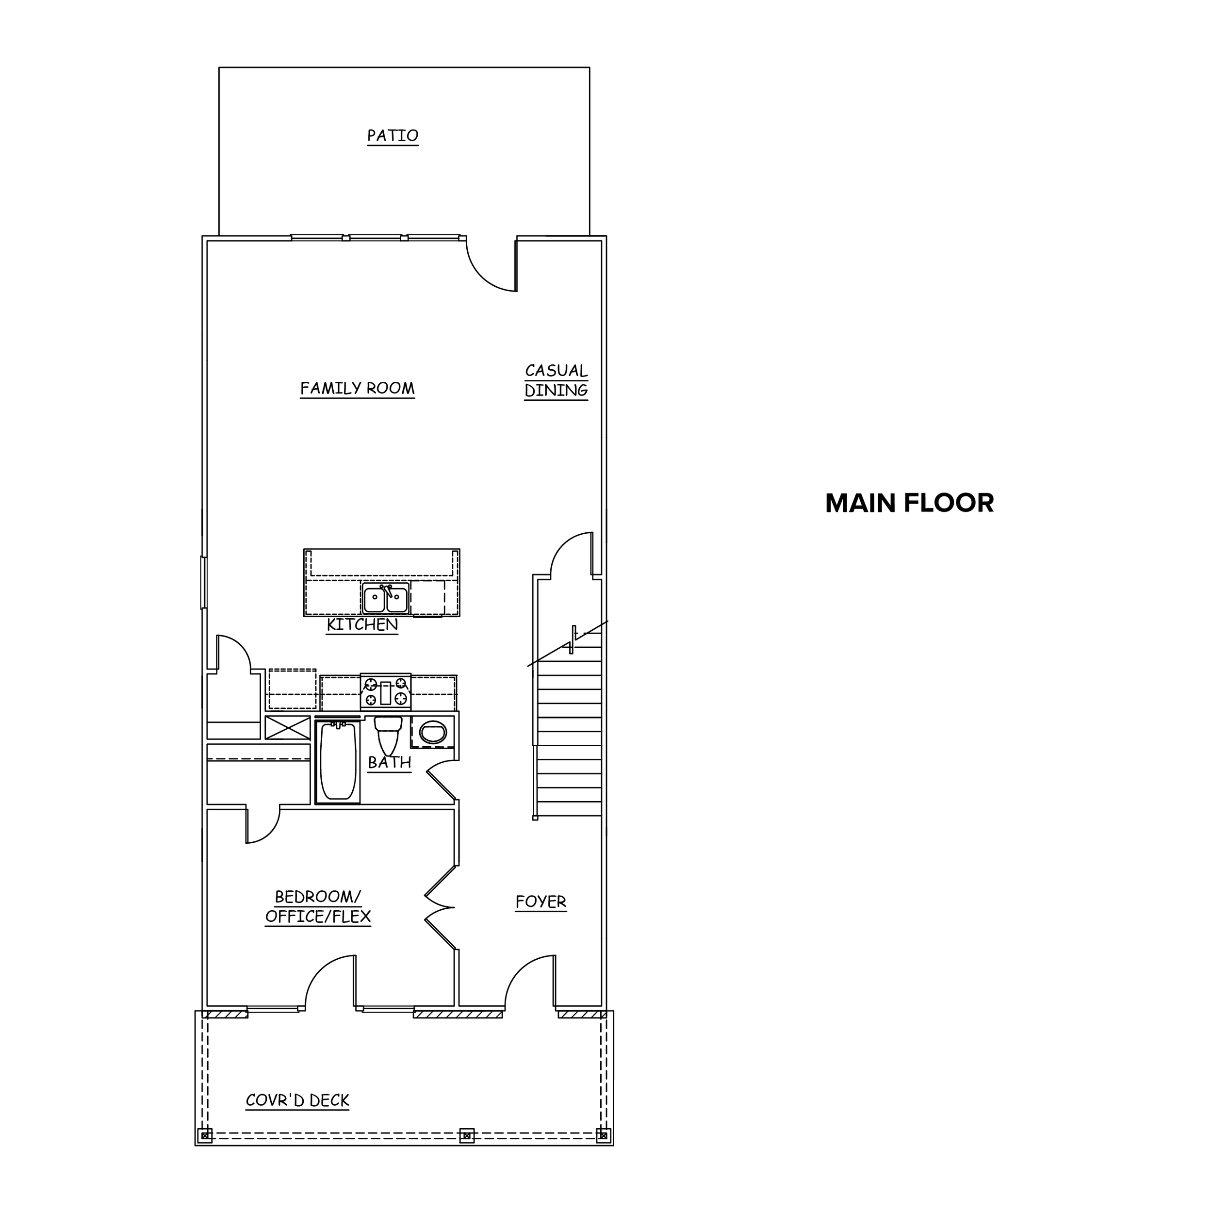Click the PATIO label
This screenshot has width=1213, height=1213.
click(393, 136)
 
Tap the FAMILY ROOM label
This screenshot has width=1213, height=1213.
click(357, 389)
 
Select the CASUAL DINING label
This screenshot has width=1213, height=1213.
click(556, 380)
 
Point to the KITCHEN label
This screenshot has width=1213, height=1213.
click(362, 625)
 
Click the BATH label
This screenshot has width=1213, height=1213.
click(389, 763)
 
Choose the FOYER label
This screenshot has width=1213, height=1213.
click(541, 902)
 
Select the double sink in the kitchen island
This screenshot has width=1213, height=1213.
click(386, 599)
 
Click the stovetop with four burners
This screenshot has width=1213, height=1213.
click(386, 692)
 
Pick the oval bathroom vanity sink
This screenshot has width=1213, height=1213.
click(433, 732)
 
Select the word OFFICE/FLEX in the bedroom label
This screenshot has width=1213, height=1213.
click(318, 918)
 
